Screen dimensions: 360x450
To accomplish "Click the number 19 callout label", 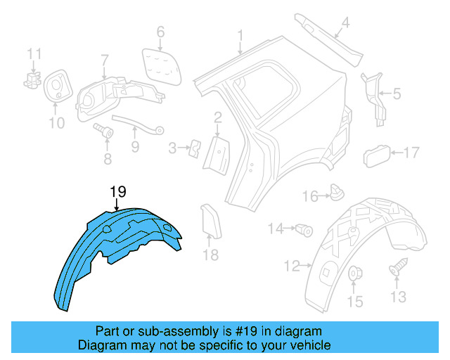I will tap(117, 191).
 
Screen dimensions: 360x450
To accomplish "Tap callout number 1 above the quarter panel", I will tap(240, 34).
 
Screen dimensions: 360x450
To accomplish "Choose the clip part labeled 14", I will tap(304, 228).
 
